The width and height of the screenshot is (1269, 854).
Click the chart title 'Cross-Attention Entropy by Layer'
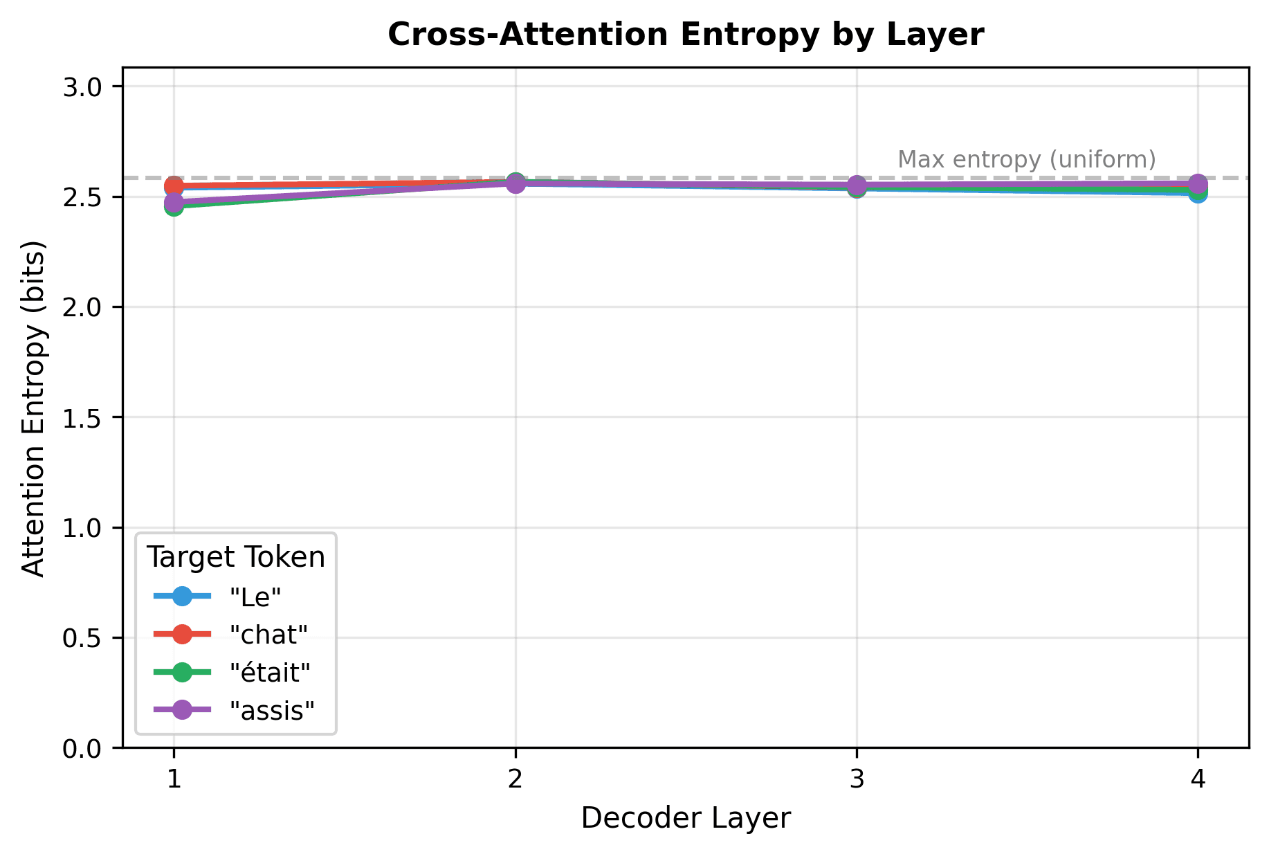685,35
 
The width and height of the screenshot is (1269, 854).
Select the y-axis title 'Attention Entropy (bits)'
33,408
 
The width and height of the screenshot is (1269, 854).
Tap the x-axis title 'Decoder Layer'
685,818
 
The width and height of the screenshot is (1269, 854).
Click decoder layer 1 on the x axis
174,780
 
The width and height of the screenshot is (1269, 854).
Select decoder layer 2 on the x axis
515,780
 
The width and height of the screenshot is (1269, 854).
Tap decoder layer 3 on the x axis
857,780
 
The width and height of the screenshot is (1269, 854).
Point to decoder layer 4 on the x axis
1198,780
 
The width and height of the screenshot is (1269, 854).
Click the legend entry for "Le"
255,597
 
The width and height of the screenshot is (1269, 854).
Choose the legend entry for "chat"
268,634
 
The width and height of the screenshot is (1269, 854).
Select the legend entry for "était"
270,672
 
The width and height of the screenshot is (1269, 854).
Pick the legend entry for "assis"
272,710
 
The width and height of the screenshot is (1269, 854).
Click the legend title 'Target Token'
236,557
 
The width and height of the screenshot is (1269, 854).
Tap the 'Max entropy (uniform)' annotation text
1027,160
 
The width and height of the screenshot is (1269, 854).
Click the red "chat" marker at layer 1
174,185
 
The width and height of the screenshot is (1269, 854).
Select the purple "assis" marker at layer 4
1198,184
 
